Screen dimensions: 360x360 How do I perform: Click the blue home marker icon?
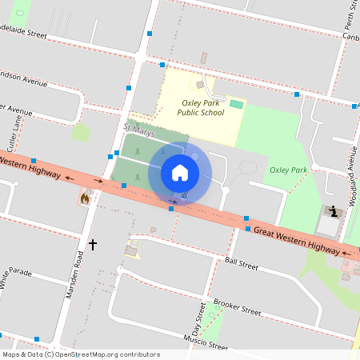click(180, 173)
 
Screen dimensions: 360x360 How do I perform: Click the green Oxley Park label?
click(288, 170)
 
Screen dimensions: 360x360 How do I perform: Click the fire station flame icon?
click(85, 197)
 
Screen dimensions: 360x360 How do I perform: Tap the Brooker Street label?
click(238, 306)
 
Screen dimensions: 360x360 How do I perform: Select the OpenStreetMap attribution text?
click(80, 354)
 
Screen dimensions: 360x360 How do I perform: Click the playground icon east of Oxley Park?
click(333, 211)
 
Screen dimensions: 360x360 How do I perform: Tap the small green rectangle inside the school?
click(236, 104)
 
